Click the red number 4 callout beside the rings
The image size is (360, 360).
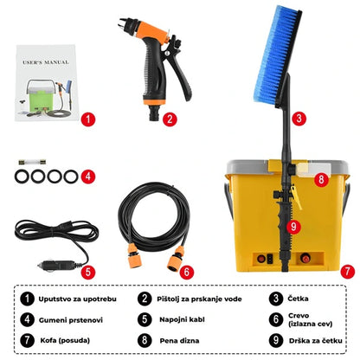(87, 177)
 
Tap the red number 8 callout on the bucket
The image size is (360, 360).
(320, 180)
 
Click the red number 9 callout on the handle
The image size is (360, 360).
(292, 227)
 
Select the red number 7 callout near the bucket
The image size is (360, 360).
(347, 271)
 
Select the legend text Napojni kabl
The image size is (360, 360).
(181, 319)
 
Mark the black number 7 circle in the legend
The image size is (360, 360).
(29, 340)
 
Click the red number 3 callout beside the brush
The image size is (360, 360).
(298, 119)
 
